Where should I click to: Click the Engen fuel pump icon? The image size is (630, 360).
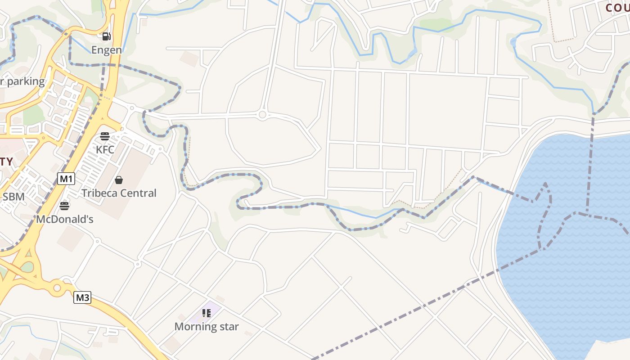click(x=106, y=36)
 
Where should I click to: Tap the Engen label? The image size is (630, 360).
click(x=107, y=49)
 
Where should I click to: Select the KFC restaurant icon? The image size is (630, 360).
click(x=105, y=136)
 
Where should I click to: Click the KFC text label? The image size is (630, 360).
click(x=105, y=149)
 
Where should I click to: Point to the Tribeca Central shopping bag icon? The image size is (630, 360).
click(x=119, y=180)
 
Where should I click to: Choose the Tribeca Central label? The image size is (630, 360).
click(x=119, y=193)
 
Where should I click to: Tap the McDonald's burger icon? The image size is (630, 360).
click(x=64, y=206)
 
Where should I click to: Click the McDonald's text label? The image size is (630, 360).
click(x=64, y=219)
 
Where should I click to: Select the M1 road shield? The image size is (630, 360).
click(x=66, y=179)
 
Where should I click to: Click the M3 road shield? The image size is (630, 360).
click(x=82, y=297)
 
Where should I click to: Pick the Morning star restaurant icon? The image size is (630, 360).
click(x=207, y=313)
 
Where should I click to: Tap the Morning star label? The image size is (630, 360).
click(x=207, y=326)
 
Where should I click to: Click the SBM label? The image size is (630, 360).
click(x=13, y=196)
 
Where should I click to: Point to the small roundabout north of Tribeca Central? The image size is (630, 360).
click(x=263, y=115)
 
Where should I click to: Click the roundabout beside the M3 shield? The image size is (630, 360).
click(x=57, y=287)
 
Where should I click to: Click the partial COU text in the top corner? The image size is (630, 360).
click(x=617, y=8)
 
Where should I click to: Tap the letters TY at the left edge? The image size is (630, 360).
click(x=6, y=162)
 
